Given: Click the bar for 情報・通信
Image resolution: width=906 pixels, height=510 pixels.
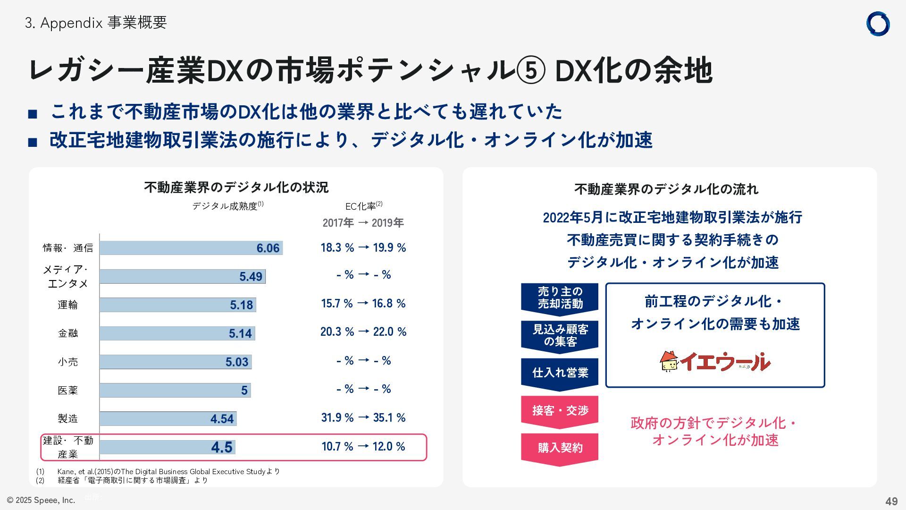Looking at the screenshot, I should [191, 248].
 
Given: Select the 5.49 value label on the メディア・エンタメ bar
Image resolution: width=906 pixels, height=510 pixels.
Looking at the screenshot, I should [251, 277].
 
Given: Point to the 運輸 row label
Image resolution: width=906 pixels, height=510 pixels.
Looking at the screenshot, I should [67, 305].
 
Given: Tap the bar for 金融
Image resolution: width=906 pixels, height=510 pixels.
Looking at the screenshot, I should [177, 333].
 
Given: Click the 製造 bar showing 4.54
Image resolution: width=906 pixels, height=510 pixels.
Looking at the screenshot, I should [168, 419].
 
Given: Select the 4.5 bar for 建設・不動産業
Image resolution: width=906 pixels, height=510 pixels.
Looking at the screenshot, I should [167, 447].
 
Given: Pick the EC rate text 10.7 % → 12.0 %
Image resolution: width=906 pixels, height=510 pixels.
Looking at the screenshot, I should [363, 447].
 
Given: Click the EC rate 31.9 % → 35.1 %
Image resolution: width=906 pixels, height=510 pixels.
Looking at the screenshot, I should [363, 418].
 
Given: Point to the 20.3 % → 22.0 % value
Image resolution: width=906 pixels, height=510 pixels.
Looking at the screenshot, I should [363, 332].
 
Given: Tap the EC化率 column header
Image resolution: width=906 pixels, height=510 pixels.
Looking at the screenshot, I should [363, 206].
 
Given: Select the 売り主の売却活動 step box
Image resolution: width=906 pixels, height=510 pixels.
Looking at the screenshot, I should [560, 298].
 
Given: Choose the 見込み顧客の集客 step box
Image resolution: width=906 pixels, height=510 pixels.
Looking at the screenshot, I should [560, 335].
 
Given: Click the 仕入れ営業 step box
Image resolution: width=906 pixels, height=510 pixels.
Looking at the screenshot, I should [560, 373].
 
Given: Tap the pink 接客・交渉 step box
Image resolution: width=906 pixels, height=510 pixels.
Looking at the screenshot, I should [560, 411].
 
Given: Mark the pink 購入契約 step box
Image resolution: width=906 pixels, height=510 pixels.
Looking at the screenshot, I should [560, 448].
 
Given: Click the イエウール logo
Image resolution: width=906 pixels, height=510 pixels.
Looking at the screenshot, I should [714, 362].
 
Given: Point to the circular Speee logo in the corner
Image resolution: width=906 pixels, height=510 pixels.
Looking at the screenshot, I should [878, 24].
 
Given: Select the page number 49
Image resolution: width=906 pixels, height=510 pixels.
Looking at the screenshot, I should [891, 501].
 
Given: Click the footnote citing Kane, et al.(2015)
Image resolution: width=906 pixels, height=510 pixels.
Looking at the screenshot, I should [168, 472].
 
